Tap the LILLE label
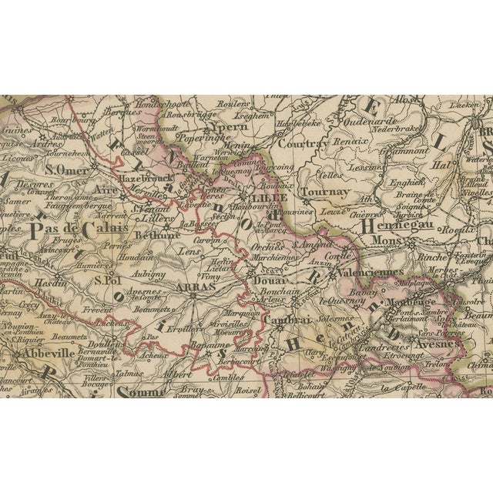tap(267, 198)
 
